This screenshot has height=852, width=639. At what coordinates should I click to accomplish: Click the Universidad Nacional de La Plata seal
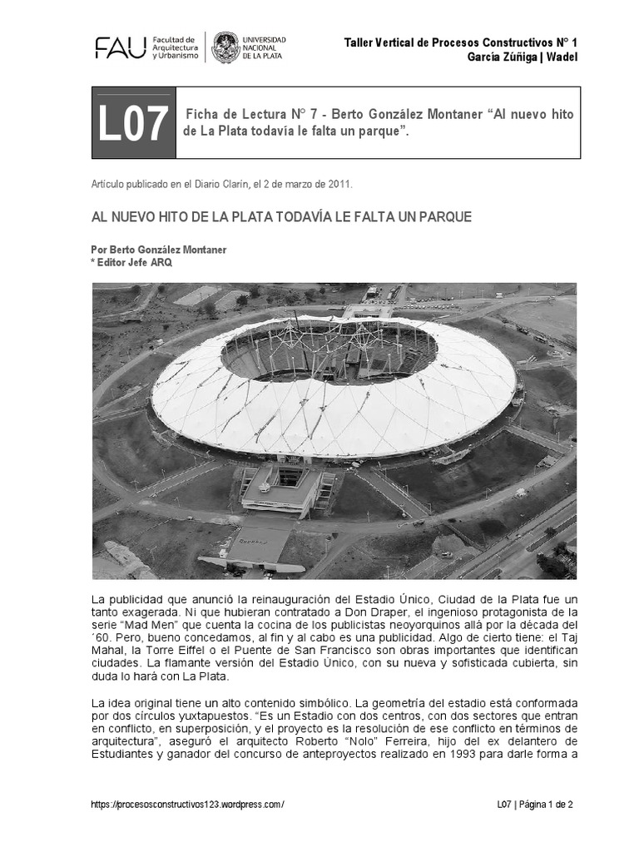point(225,48)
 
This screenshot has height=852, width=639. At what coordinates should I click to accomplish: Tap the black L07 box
point(133,123)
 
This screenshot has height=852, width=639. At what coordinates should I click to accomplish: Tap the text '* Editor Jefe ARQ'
point(127,261)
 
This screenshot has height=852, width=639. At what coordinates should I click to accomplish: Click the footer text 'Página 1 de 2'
point(545,805)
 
